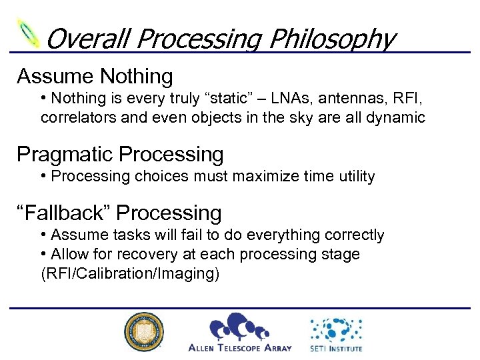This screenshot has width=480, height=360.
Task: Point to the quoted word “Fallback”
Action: click(x=64, y=213)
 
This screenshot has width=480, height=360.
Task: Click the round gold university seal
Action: click(x=143, y=331)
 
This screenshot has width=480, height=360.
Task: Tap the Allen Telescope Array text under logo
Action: click(x=240, y=347)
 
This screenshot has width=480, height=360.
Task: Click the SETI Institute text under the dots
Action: click(x=336, y=347)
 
